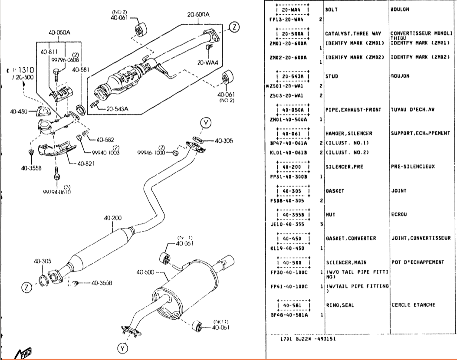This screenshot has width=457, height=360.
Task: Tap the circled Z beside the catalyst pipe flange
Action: coord(234,27)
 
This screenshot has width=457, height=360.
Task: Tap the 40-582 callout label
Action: coord(105,140)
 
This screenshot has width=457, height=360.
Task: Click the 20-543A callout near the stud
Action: coord(112,108)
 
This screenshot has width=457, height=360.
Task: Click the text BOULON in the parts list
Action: coord(400,9)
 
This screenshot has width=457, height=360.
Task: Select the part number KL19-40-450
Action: coord(287,248)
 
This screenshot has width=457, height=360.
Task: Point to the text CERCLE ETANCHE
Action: coord(413,305)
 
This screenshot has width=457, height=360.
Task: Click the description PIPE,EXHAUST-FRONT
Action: coord(353,110)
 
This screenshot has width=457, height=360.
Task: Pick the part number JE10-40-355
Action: coord(287,224)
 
